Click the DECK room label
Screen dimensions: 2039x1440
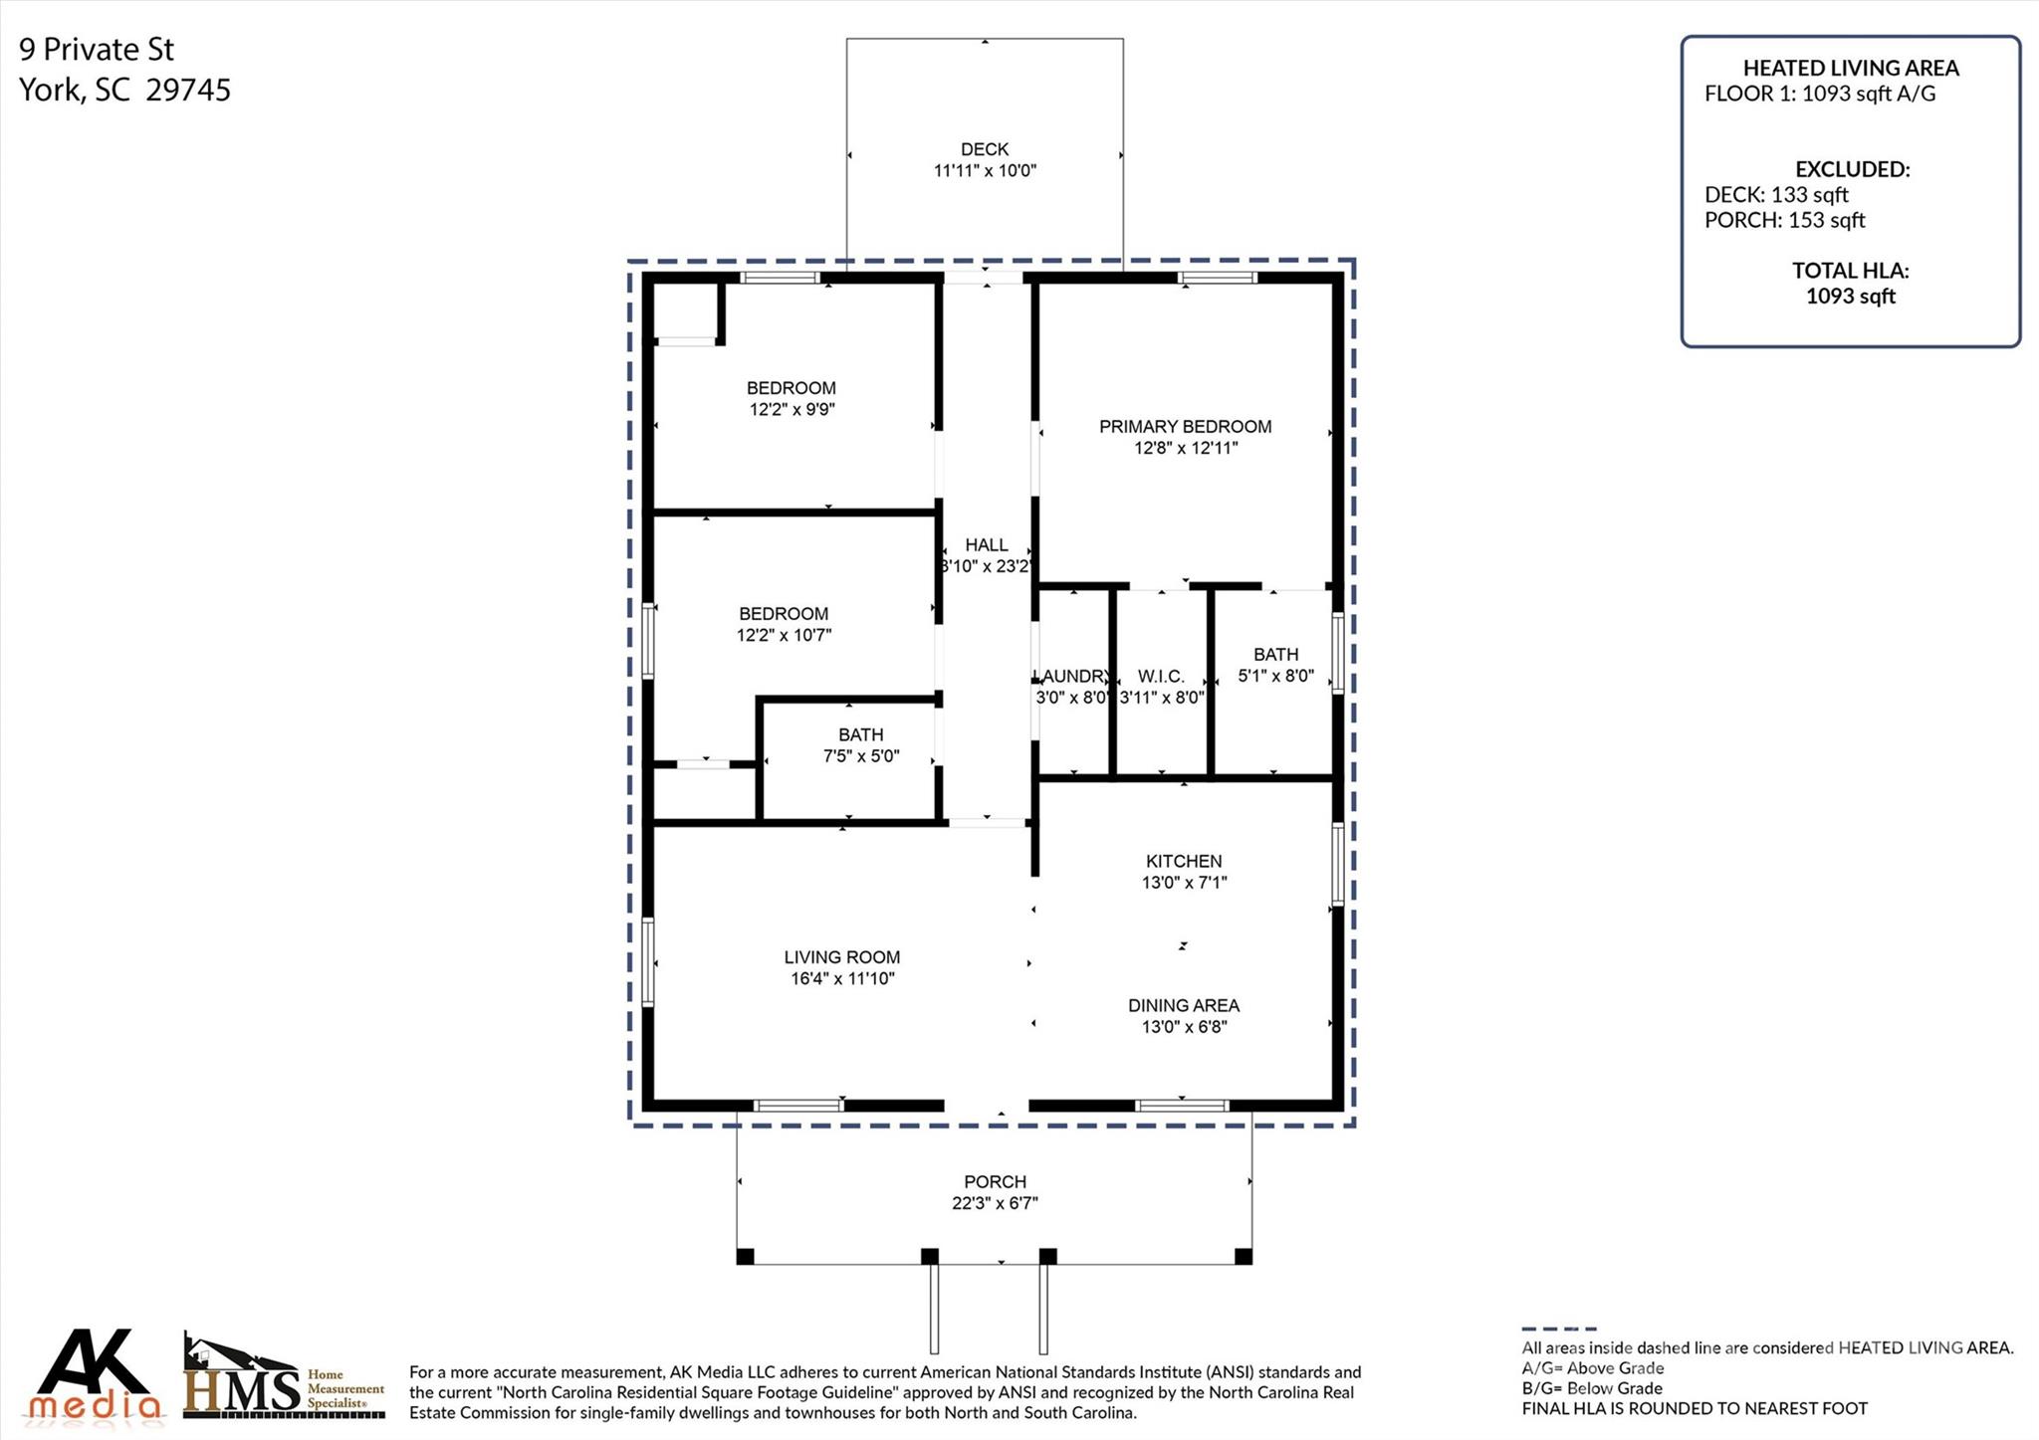(x=985, y=149)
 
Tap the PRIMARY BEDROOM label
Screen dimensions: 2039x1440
(x=1185, y=427)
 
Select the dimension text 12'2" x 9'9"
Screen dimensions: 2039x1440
(x=792, y=409)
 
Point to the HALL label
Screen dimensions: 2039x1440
(x=987, y=545)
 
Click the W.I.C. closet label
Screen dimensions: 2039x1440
(x=1161, y=677)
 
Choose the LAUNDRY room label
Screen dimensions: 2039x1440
(x=1071, y=677)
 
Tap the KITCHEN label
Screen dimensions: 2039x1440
(x=1184, y=862)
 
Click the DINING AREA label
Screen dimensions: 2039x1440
(x=1184, y=1006)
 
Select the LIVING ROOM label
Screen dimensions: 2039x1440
(x=842, y=957)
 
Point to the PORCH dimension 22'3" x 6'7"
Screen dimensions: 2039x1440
(x=995, y=1203)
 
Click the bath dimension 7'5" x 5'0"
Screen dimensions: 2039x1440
(x=861, y=756)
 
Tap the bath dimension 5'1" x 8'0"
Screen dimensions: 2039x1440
(x=1275, y=676)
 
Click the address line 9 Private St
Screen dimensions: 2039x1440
(x=97, y=49)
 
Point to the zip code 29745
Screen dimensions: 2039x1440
(x=188, y=91)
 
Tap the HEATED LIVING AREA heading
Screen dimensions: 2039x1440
(x=1851, y=69)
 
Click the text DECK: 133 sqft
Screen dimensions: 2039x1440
(x=1776, y=195)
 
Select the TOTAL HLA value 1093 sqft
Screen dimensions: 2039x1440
(x=1851, y=297)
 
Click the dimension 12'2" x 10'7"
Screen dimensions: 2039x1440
(x=784, y=635)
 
